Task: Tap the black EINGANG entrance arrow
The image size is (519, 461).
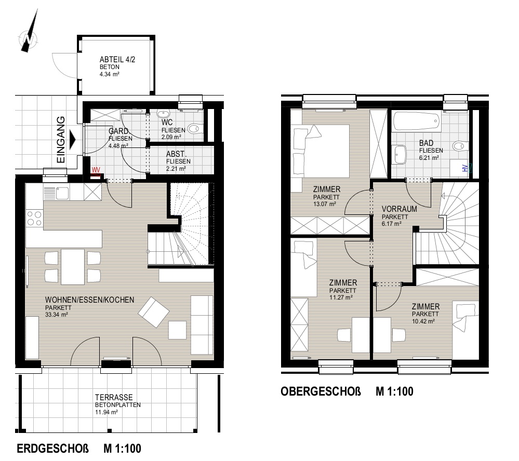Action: [x=72, y=139]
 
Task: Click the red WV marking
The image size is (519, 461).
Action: [x=96, y=170]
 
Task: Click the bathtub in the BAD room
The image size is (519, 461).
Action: [x=417, y=122]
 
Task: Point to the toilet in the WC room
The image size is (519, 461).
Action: [x=195, y=128]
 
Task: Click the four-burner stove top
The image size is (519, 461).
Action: [x=34, y=218]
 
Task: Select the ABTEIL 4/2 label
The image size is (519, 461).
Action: [x=117, y=60]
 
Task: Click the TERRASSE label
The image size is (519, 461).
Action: [x=114, y=397]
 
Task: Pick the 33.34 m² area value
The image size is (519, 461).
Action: [x=57, y=315]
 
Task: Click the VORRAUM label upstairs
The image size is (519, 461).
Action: [x=399, y=209]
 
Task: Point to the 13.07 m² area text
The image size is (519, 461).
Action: [x=325, y=204]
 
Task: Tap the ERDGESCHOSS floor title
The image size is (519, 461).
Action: [x=52, y=449]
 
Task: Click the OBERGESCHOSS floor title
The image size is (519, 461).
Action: [x=321, y=391]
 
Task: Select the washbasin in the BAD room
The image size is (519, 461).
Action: [x=400, y=154]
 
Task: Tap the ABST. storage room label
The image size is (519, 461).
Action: [x=177, y=154]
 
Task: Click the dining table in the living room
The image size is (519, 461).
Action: [x=73, y=267]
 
